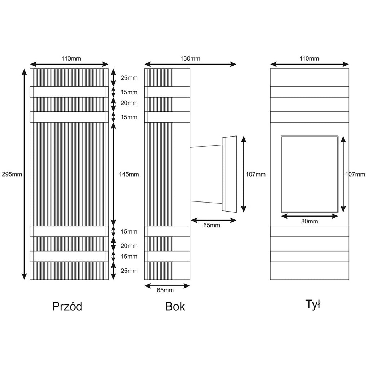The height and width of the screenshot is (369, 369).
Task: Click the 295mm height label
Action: click(12, 174)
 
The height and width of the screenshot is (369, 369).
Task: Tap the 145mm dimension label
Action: click(129, 174)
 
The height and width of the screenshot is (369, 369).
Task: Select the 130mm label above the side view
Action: click(190, 59)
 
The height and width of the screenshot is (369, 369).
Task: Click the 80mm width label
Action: click(310, 222)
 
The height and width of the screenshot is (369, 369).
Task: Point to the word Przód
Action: click(67, 306)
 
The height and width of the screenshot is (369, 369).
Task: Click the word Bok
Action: click(175, 306)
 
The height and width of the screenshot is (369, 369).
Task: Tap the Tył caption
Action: click(313, 304)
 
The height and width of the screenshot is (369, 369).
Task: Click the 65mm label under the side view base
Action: click(165, 290)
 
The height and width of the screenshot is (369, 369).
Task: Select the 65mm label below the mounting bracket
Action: click(212, 226)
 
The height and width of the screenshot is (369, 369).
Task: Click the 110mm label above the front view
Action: click(71, 59)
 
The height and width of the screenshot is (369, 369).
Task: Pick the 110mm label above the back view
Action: click(309, 59)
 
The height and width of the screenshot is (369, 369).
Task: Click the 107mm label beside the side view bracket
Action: click(255, 174)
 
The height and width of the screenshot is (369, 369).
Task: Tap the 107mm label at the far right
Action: click(355, 174)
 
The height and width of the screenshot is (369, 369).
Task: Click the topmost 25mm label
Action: click(129, 78)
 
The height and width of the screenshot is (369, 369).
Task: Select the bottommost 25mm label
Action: click(129, 271)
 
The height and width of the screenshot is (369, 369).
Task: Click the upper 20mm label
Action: click(129, 103)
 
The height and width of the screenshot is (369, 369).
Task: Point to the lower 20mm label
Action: click(129, 246)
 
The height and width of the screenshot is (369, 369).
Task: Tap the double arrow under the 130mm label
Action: click(190, 64)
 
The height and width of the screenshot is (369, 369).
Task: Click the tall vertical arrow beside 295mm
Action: click(24, 174)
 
